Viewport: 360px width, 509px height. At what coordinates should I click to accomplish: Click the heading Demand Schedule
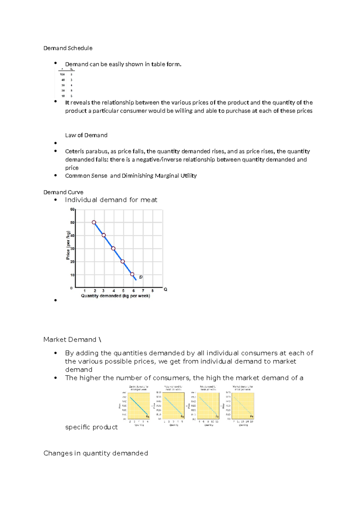point(68,48)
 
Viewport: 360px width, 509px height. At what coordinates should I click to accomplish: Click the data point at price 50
point(94,222)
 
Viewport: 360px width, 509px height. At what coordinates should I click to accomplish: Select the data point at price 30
point(113,248)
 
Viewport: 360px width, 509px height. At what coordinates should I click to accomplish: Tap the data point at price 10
point(132,274)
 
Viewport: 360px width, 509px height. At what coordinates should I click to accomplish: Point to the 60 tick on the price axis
point(72,209)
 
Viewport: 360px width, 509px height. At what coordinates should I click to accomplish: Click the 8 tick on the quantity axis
point(153,291)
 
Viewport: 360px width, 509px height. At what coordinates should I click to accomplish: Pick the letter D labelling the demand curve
point(141,277)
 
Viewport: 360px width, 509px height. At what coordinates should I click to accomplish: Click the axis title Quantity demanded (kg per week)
point(115,296)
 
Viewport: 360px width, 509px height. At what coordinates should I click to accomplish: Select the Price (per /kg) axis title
point(68,245)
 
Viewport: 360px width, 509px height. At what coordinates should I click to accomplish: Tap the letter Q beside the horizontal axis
point(165,289)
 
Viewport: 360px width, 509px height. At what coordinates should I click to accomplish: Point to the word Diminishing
point(137,176)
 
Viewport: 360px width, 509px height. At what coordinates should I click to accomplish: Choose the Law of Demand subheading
point(86,135)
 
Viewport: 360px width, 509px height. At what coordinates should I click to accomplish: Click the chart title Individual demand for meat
point(111,200)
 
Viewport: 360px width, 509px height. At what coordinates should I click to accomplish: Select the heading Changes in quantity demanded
point(96,453)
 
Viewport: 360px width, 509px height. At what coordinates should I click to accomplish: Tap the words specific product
point(91,427)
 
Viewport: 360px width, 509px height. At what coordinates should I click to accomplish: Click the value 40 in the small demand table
point(63,80)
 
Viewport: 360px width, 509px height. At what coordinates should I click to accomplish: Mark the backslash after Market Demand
point(100,340)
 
